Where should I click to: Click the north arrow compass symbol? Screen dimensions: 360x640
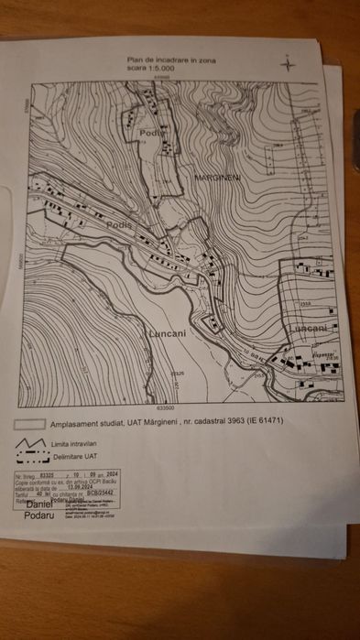click(289, 64)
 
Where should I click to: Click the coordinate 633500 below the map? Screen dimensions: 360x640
click(165, 408)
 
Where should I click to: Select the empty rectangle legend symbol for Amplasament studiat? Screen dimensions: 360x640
click(30, 425)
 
